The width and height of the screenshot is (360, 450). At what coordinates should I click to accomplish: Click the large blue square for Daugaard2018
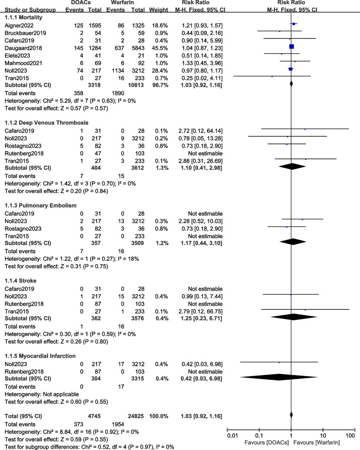point(292,46)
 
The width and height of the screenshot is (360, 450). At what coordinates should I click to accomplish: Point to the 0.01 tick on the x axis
point(233,435)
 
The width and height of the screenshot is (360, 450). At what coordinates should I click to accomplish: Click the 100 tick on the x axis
point(350,435)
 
